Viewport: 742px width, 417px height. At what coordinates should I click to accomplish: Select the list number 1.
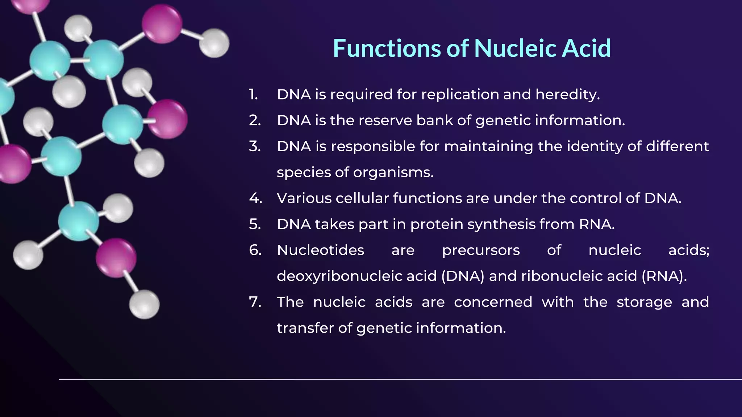click(253, 94)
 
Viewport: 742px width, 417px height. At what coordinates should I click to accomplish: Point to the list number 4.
click(255, 198)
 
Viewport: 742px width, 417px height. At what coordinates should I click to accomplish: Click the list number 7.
click(255, 302)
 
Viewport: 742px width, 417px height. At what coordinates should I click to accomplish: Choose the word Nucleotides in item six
click(320, 250)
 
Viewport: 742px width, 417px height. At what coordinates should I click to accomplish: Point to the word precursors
click(481, 250)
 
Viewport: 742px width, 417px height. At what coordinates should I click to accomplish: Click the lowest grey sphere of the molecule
click(144, 304)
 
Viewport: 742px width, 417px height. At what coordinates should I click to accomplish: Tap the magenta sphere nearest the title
click(162, 24)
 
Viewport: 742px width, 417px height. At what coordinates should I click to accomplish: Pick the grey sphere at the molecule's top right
click(214, 43)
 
